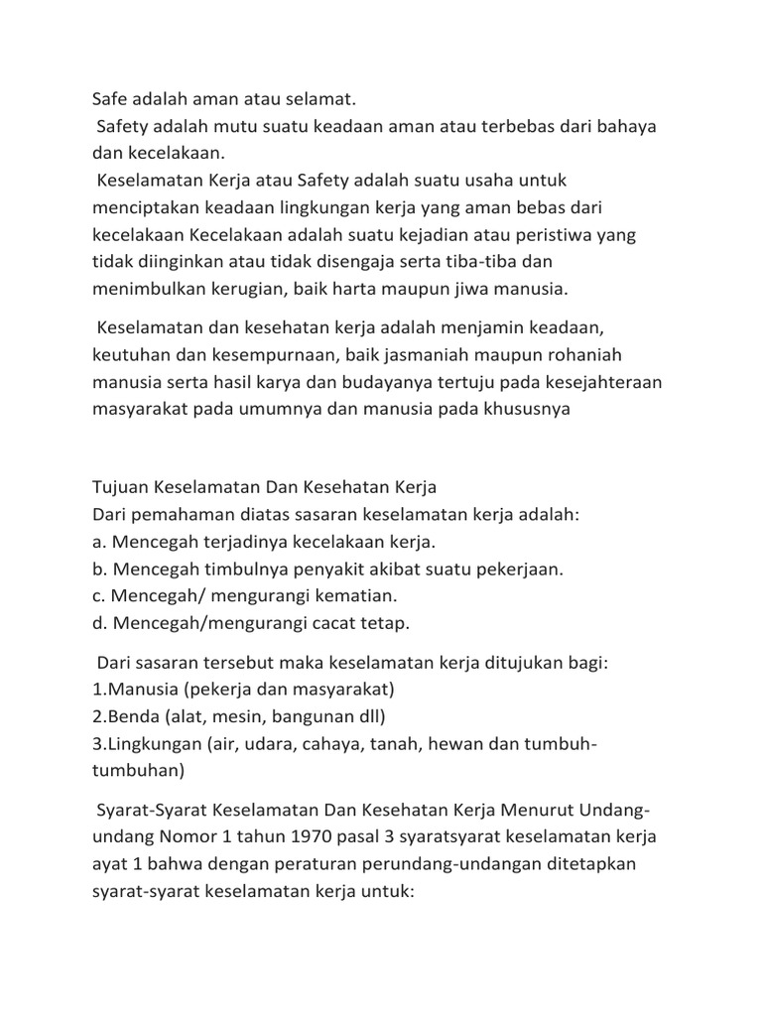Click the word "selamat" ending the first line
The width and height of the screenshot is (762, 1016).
pos(318,100)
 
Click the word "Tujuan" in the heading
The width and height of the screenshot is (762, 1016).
pos(120,488)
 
